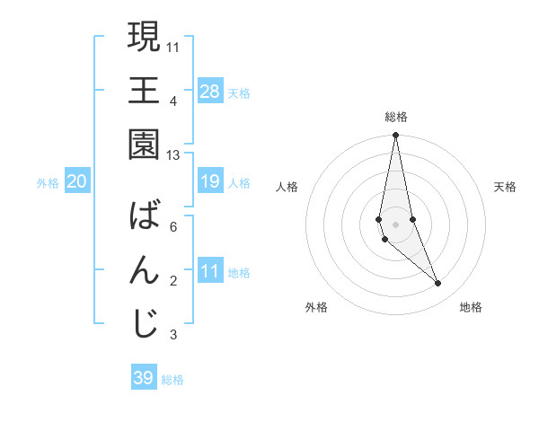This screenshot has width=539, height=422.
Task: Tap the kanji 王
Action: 144,91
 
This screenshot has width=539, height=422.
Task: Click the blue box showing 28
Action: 209,91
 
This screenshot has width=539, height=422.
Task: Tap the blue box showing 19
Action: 209,181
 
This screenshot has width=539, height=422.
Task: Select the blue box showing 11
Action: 209,271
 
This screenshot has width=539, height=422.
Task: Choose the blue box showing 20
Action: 77,181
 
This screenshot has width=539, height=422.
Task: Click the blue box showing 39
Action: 143,378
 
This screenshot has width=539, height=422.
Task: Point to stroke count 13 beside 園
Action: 173,155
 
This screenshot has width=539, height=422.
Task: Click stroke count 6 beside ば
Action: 173,227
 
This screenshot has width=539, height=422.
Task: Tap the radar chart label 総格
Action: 396,117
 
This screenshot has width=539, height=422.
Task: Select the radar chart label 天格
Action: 506,187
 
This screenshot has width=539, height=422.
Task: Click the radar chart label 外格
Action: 316,307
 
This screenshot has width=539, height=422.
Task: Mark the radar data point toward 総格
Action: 395,136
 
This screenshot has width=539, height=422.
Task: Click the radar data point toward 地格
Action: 438,284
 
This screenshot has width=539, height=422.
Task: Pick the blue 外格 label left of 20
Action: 48,182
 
